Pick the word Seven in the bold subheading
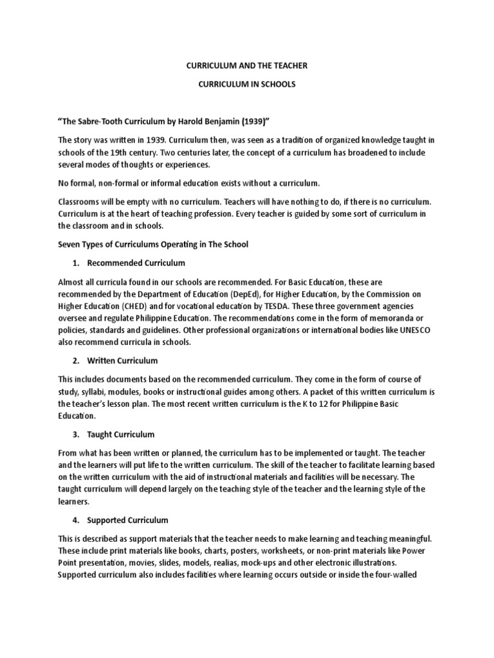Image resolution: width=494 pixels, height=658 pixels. pyautogui.click(x=71, y=244)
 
